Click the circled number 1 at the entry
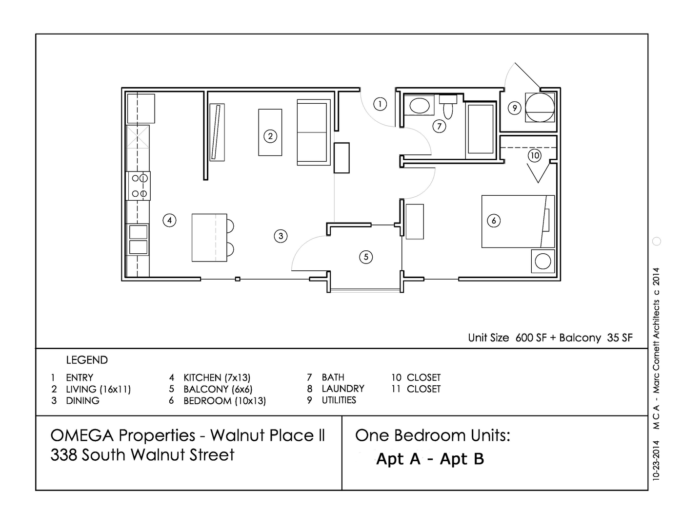380,104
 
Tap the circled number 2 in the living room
270,136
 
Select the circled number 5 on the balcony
366,257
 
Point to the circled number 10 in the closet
535,156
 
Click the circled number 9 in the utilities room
515,108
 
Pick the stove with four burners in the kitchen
139,186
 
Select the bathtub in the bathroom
481,129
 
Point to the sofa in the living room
312,132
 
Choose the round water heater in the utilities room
541,107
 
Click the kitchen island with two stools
209,238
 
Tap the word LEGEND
87,360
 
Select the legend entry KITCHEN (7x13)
217,377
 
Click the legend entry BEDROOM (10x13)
224,401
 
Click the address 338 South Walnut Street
142,455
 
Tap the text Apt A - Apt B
430,459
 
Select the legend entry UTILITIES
339,400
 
